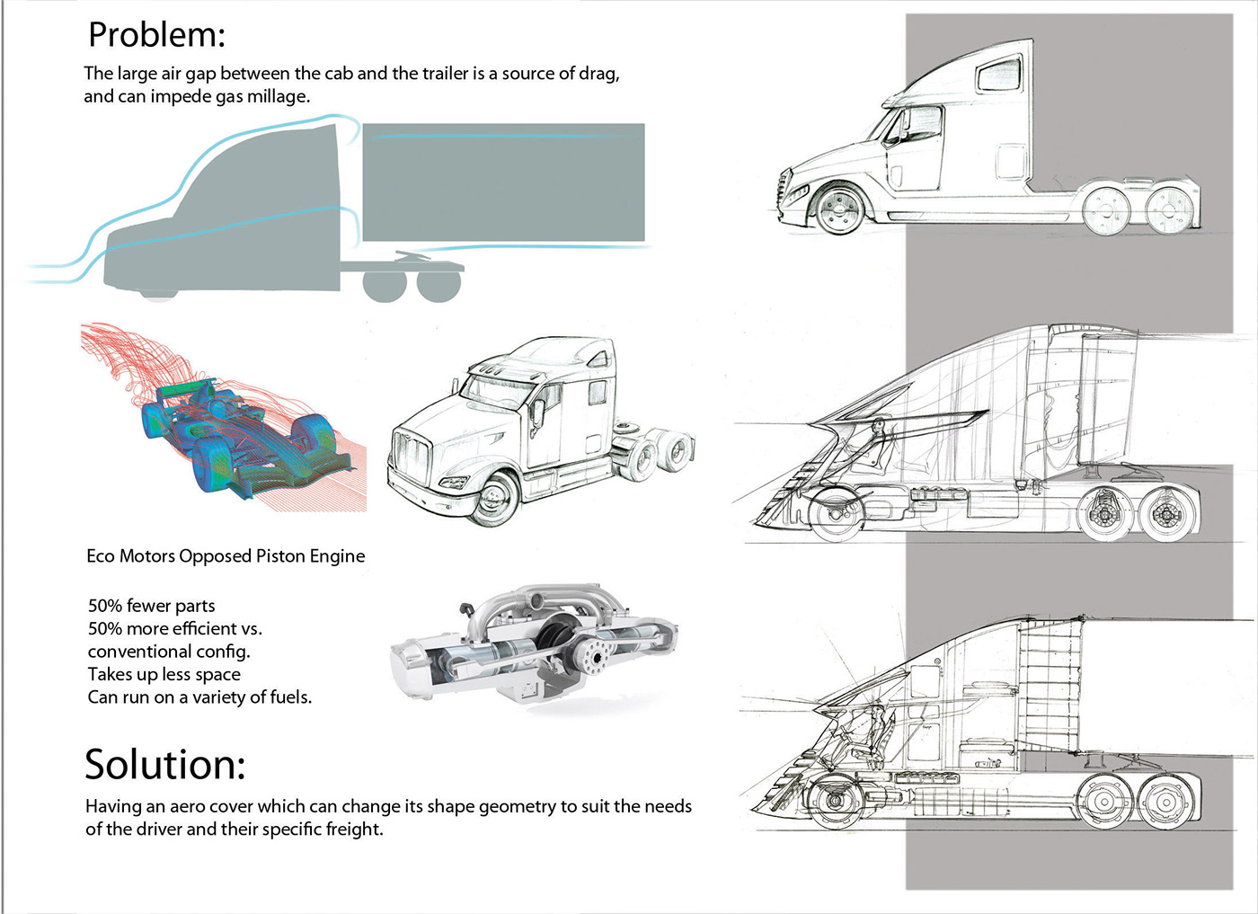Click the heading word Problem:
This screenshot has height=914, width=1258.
pyautogui.click(x=156, y=35)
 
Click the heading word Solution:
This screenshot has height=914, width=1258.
pyautogui.click(x=165, y=765)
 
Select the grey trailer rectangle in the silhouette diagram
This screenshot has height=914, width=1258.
pyautogui.click(x=503, y=182)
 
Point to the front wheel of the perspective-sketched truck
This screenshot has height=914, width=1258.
pyautogui.click(x=494, y=499)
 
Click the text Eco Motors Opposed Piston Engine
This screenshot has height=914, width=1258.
pyautogui.click(x=226, y=556)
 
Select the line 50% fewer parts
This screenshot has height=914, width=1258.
pyautogui.click(x=152, y=606)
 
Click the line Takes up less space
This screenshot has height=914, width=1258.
pyautogui.click(x=164, y=674)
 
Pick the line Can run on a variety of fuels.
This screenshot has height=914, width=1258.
pyautogui.click(x=199, y=697)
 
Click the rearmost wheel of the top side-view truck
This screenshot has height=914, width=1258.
pyautogui.click(x=1169, y=210)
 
